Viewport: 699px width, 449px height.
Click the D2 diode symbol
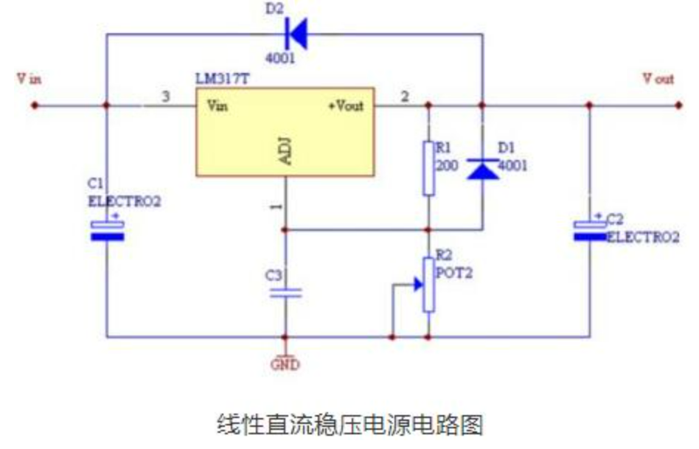296,32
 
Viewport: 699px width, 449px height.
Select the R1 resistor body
428,168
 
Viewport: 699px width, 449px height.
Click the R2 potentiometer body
428,284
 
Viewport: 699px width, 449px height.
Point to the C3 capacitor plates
285,293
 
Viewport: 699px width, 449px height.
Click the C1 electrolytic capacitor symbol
108,229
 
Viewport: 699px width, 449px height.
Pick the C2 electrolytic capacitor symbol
590,229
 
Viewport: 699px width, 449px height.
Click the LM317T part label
220,79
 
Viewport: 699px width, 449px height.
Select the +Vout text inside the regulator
346,105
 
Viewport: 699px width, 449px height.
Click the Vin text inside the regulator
218,105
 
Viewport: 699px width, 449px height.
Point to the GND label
285,364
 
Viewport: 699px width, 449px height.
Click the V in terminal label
29,79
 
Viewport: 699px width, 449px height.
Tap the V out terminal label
658,79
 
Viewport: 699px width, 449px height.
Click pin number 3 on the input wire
165,97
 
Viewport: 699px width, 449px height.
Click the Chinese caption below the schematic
349,425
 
